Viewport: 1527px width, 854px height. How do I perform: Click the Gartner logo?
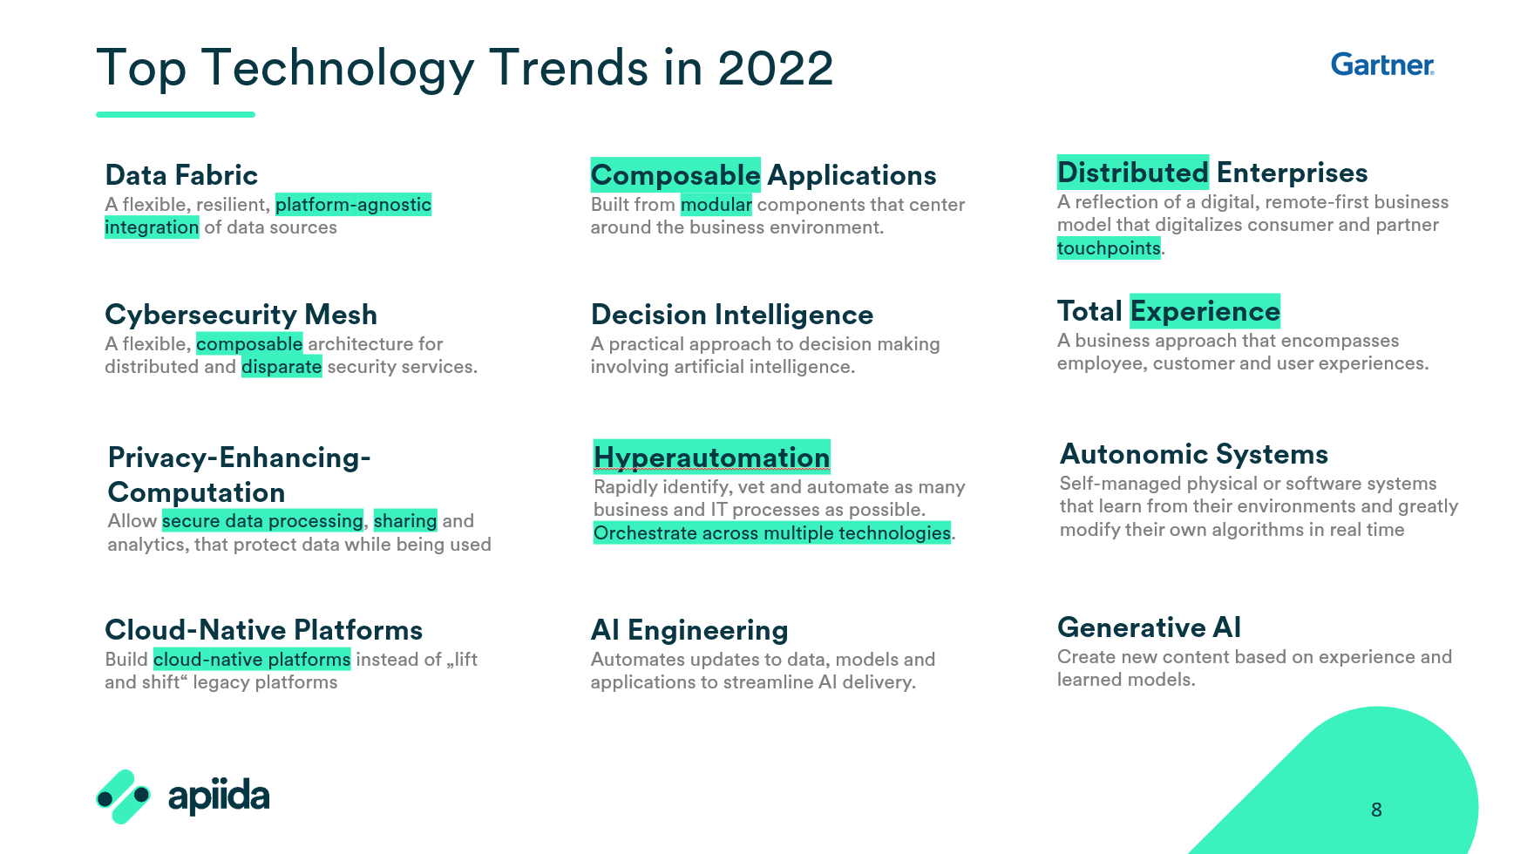coord(1382,64)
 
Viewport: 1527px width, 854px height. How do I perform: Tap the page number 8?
coord(1376,810)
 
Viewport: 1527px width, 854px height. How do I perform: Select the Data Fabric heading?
coord(181,175)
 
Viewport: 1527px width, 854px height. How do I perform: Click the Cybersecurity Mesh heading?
coord(241,315)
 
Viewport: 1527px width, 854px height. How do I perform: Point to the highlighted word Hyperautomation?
coord(711,457)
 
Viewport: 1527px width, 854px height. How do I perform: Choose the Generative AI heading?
coord(1149,627)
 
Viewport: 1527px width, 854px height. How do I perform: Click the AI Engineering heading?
coord(689,630)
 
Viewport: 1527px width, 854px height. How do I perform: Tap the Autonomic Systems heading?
coord(1194,454)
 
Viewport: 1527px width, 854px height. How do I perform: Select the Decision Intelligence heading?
coord(732,315)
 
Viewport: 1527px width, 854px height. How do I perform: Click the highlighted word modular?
coord(716,205)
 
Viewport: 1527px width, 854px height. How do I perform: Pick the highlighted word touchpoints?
coord(1109,248)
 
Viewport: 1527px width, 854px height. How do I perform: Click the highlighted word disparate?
coord(282,367)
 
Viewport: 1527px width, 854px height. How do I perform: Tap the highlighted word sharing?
coord(405,521)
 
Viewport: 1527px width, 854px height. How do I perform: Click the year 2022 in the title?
coord(776,68)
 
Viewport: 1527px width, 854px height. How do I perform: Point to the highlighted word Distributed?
coord(1133,173)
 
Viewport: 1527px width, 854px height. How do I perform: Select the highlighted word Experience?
coord(1205,311)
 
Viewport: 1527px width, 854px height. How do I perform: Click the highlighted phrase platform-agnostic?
coord(353,205)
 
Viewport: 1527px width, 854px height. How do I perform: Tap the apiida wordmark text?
coord(219,796)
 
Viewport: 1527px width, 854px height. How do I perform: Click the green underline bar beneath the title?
coord(175,114)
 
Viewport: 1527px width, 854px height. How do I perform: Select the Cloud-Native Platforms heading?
coord(263,630)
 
